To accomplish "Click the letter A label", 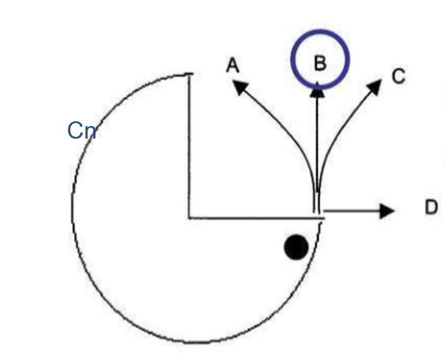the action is click(233, 65).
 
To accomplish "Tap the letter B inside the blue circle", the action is click(320, 63).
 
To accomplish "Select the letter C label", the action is click(399, 76).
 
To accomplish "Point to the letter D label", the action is click(431, 206).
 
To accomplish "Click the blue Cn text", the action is click(82, 131).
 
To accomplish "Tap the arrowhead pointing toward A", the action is click(240, 87).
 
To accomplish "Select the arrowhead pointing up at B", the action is click(317, 90).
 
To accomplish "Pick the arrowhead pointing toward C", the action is click(374, 87).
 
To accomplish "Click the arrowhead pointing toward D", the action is click(388, 211).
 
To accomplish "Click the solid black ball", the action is click(296, 247).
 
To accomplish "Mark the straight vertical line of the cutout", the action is click(188, 146).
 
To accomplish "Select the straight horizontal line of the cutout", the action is click(256, 218).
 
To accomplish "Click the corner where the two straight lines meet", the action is click(188, 218).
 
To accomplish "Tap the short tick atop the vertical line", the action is click(188, 74).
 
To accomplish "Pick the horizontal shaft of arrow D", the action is click(352, 211).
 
